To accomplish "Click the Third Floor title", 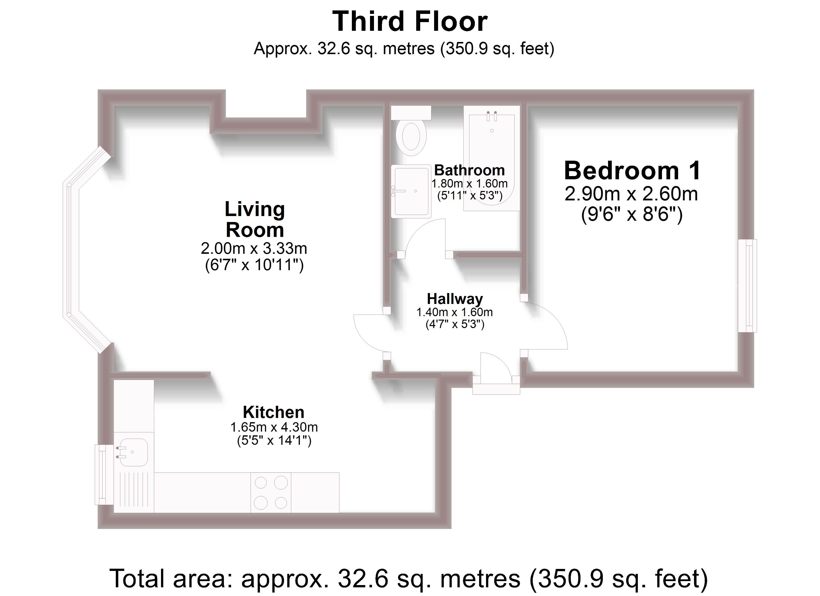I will point(410,22).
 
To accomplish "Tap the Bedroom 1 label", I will point(632,171).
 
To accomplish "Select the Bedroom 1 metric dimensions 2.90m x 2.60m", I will point(631,194).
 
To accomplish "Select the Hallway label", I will point(455,299).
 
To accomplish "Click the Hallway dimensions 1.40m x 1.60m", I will point(454,312).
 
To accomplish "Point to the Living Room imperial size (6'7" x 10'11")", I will point(254,265).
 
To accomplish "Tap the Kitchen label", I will point(273,412).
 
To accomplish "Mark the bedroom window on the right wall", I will point(747,286).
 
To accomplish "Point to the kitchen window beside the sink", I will point(101,475).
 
